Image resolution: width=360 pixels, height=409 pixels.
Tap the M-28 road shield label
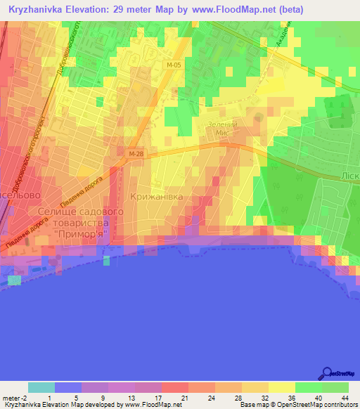tap(136, 152)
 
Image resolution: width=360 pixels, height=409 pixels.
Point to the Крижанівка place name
tap(157, 197)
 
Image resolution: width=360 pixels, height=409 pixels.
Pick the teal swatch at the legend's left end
tap(41, 387)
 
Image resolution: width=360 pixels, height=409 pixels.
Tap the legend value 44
tap(345, 398)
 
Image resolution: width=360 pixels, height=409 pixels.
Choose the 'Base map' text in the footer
tap(255, 405)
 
